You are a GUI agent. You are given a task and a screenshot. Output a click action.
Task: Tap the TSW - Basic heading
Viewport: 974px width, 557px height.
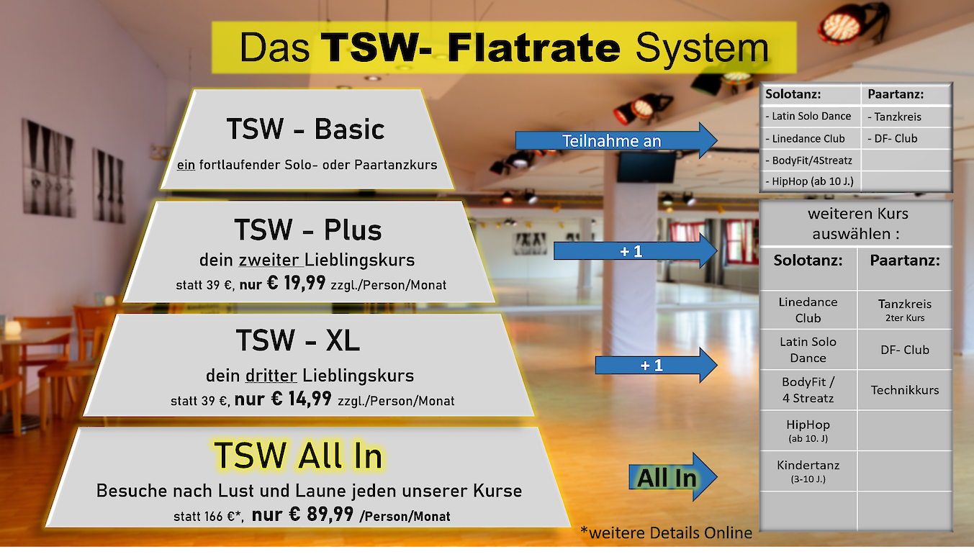(x=306, y=129)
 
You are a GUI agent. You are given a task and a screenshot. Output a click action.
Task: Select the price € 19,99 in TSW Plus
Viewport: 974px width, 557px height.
(x=296, y=283)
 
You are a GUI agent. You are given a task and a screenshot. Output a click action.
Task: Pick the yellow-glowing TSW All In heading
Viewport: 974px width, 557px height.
(x=298, y=456)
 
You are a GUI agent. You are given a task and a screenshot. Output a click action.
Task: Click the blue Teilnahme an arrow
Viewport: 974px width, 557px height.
(x=616, y=140)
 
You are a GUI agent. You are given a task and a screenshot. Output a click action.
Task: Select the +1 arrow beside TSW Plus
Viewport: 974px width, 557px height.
(x=635, y=251)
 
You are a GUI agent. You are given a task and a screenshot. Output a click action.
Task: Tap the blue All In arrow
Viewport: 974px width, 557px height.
(x=672, y=477)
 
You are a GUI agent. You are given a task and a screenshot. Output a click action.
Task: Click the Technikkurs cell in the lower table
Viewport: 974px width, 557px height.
(x=904, y=390)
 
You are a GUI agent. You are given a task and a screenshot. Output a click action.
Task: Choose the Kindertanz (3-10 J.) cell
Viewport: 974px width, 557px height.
(x=808, y=471)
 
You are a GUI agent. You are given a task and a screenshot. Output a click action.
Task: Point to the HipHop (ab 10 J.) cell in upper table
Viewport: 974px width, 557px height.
(x=811, y=181)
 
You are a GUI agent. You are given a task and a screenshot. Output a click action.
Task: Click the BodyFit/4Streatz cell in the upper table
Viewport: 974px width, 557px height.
(x=811, y=160)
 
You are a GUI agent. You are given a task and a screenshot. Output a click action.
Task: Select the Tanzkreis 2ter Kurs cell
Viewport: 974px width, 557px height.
(x=904, y=309)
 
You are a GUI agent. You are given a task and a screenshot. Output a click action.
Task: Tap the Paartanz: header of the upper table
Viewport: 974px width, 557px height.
(x=896, y=94)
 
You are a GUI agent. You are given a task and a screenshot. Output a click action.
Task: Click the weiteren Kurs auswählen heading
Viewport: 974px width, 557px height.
(x=857, y=224)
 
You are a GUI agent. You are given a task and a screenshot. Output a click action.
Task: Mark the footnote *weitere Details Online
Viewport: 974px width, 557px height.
(x=666, y=533)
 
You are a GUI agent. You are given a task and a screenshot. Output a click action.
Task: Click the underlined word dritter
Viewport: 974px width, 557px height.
(x=271, y=375)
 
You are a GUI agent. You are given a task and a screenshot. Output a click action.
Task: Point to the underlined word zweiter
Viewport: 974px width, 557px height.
(x=269, y=260)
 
